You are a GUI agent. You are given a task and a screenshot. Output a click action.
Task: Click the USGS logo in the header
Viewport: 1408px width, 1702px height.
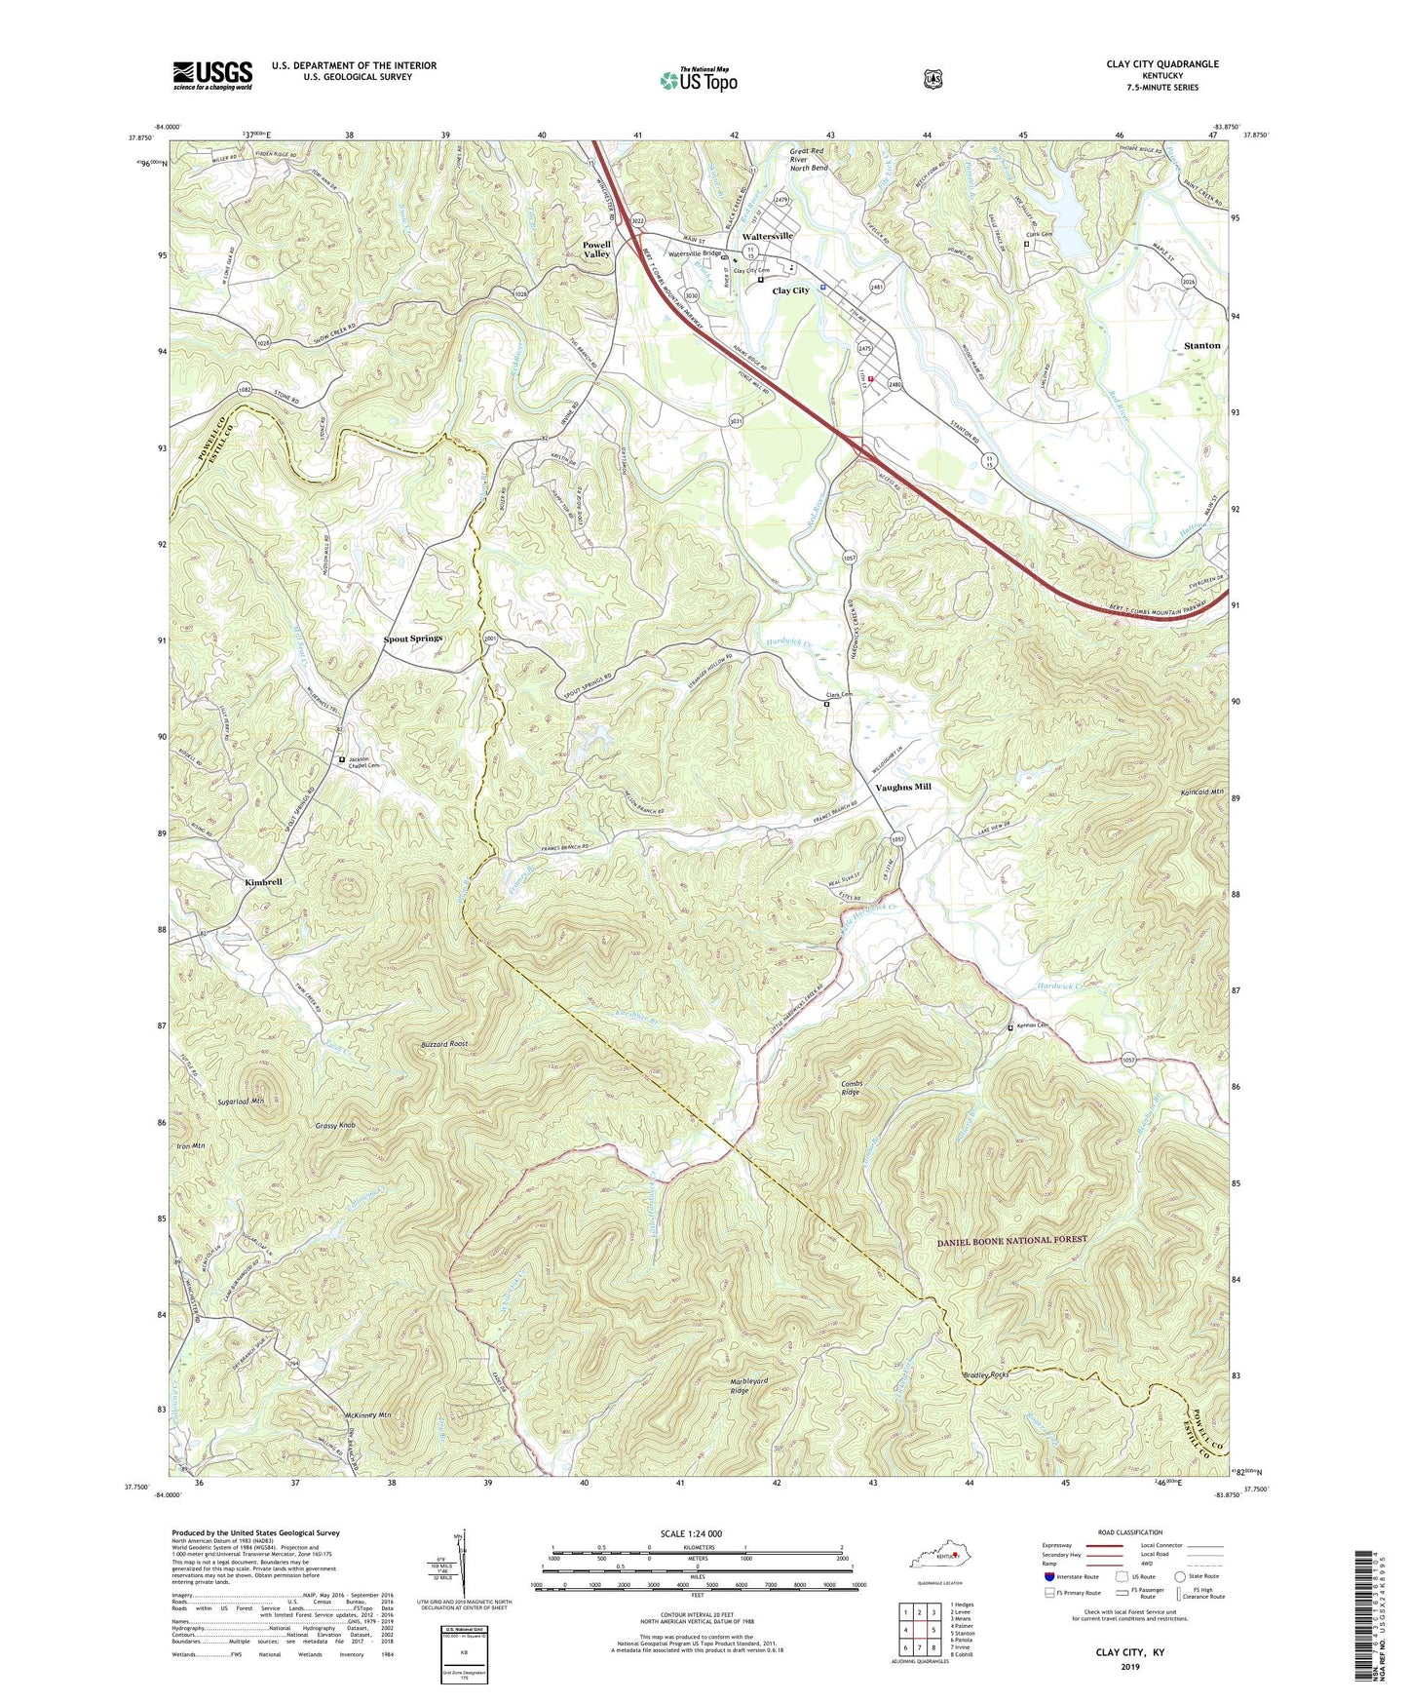click(x=212, y=75)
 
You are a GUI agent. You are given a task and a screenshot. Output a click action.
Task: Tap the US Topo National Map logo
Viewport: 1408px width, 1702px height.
click(x=698, y=79)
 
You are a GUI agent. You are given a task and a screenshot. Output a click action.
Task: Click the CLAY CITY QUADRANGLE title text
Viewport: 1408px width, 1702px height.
click(x=1161, y=64)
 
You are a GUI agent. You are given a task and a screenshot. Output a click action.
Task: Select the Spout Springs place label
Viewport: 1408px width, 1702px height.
click(x=413, y=638)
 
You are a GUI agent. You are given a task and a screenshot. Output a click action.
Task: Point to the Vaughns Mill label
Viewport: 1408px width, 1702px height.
click(x=903, y=787)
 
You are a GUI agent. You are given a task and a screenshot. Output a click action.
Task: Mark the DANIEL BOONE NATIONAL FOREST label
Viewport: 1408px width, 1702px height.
click(x=1011, y=1240)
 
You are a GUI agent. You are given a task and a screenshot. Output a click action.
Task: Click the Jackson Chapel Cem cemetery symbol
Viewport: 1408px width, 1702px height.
click(x=342, y=759)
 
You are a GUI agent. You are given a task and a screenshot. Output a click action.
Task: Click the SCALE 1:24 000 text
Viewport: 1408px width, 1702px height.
click(x=691, y=1533)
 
